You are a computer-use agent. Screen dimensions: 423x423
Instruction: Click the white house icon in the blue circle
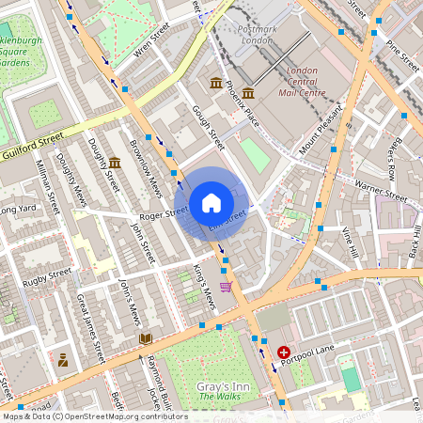211,203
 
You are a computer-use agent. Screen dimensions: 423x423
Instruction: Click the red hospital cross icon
285,351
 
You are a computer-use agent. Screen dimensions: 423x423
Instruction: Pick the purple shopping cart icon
226,287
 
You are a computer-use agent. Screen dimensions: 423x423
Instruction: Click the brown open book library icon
145,338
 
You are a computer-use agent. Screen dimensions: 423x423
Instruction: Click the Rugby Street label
47,274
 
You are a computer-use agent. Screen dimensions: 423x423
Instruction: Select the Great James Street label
91,328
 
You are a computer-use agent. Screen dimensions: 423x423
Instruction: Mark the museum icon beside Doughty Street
114,163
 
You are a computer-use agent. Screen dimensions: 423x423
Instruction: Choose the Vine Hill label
351,243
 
